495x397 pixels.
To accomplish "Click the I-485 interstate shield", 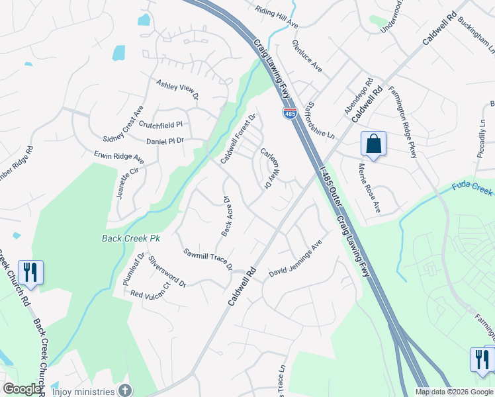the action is [x=290, y=114].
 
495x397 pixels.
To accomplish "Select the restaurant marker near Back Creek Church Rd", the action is [x=30, y=272].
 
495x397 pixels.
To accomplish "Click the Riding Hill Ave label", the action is [x=277, y=17].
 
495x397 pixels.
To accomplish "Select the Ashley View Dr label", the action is [x=177, y=89].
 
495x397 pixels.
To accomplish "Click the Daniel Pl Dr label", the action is [x=165, y=141].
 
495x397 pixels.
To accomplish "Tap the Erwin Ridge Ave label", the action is [x=119, y=157].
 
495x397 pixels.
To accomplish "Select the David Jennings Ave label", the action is [x=295, y=262].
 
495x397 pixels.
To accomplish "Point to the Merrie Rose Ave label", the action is [x=369, y=188].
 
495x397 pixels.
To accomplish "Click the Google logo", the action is [x=22, y=389].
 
